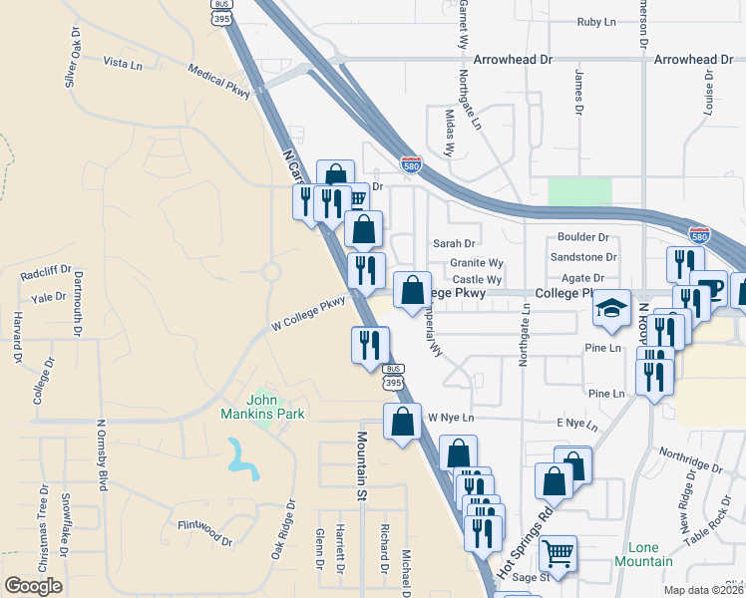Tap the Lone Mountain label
(x=650, y=555)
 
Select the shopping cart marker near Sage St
(x=559, y=551)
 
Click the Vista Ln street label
(x=124, y=62)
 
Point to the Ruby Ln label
(x=596, y=21)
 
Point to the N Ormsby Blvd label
(x=101, y=454)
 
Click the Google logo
(x=34, y=585)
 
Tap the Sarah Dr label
(x=454, y=243)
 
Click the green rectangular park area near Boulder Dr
(x=579, y=193)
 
